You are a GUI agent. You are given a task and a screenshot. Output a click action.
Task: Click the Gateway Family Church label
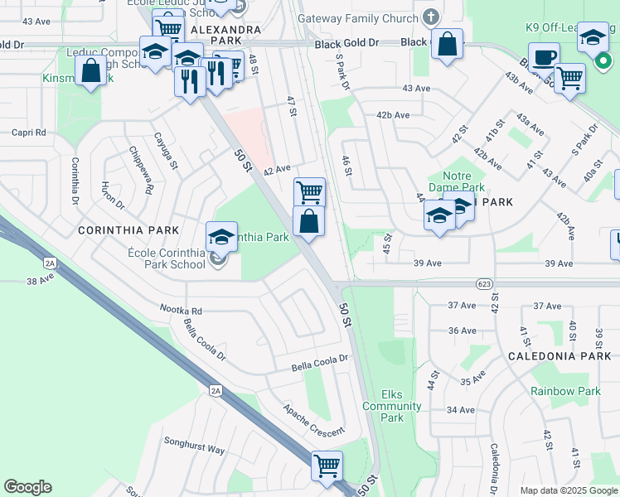click(x=358, y=18)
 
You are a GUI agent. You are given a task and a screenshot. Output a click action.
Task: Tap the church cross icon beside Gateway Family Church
click(x=430, y=17)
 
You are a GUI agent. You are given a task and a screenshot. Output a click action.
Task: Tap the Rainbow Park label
click(x=566, y=392)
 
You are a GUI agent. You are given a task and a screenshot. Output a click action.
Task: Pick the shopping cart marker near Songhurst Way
click(x=327, y=466)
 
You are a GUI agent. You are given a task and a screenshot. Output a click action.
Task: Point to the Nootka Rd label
click(x=182, y=310)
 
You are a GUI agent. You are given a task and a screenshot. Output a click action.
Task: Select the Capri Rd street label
click(x=28, y=133)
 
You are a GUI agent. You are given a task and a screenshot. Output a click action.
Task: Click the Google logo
click(x=27, y=486)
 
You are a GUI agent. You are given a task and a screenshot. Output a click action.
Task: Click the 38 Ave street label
click(x=42, y=282)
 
